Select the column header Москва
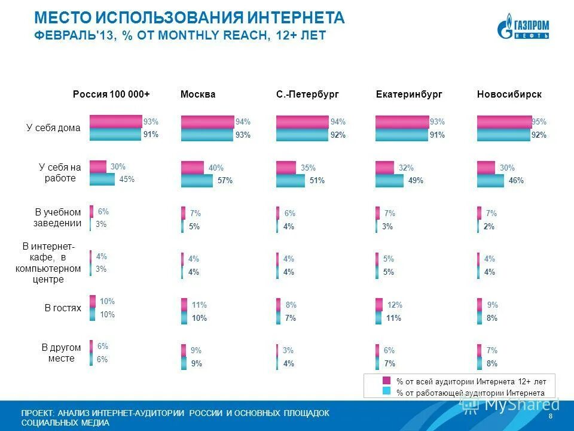coord(197,95)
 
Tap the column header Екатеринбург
coord(409,95)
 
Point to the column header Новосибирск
coord(509,95)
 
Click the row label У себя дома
coord(53,128)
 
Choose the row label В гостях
coord(62,308)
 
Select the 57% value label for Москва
coord(225,181)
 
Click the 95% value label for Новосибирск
coord(539,122)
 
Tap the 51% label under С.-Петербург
coord(317,181)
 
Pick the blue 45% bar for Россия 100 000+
coord(102,179)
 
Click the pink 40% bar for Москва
coord(193,168)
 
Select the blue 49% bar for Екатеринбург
coord(389,180)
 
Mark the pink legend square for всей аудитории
coord(386,381)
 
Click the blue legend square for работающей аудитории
coord(386,391)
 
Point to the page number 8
coord(549,416)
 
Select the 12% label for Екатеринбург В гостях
coord(395,305)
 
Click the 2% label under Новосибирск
coord(489,226)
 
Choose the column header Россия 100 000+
coord(111,95)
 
